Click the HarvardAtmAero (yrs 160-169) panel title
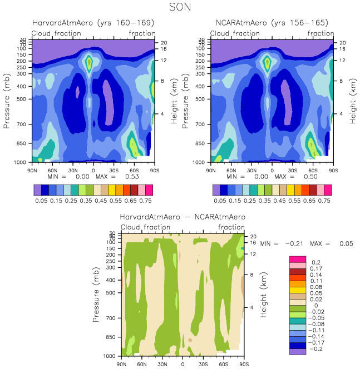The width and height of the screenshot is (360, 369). tap(93, 23)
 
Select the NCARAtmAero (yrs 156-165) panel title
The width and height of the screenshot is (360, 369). tap(272, 23)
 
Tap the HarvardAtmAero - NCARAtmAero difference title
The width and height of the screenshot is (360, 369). tap(182, 216)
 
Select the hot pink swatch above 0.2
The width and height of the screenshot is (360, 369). tap(298, 259)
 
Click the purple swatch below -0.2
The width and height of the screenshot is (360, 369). tap(298, 351)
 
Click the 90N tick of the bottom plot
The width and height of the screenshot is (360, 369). tap(122, 363)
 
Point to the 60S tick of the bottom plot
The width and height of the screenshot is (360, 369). tap(223, 363)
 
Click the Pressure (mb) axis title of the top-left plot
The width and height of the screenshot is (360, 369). tap(7, 99)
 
